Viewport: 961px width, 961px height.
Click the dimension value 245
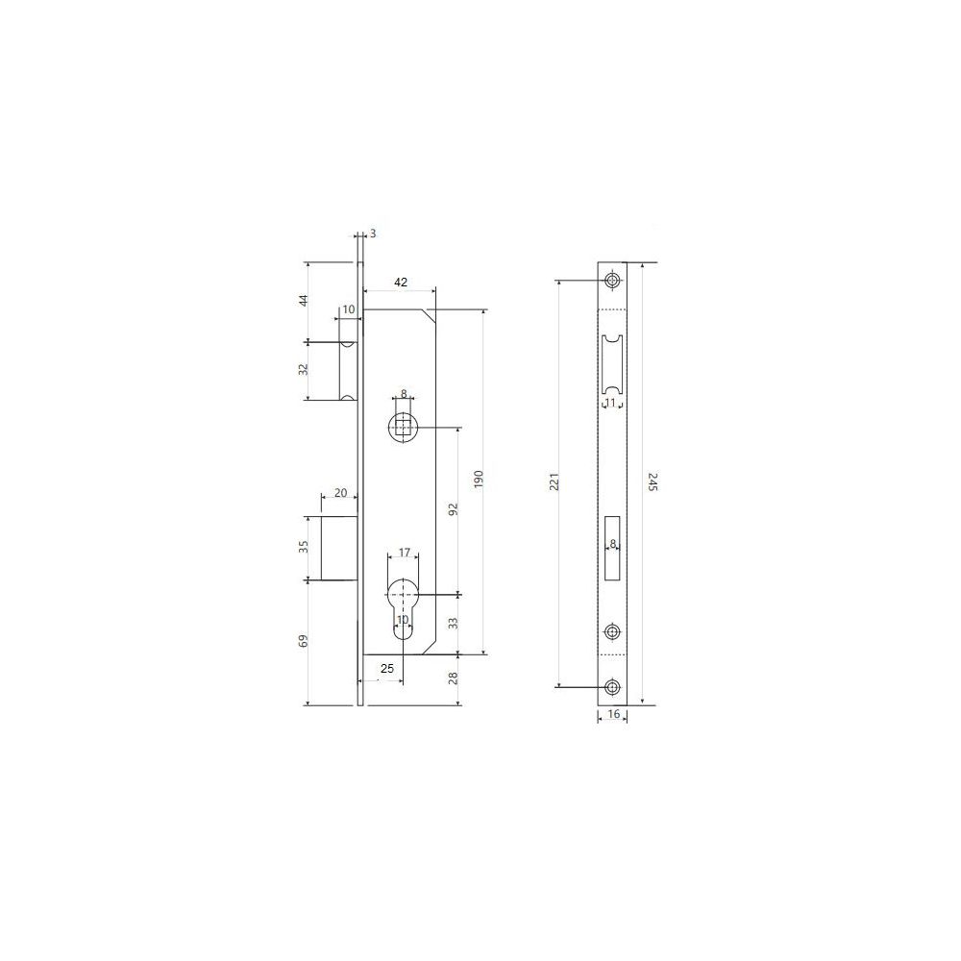pyautogui.click(x=653, y=481)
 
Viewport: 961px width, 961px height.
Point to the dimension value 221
pyautogui.click(x=554, y=482)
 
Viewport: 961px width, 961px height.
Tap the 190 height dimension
pyautogui.click(x=480, y=479)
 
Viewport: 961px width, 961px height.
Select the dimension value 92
pyautogui.click(x=454, y=509)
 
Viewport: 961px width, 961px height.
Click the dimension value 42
pyautogui.click(x=400, y=282)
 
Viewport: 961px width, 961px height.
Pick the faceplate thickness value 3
pyautogui.click(x=373, y=234)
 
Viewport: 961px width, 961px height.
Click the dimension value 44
pyautogui.click(x=303, y=300)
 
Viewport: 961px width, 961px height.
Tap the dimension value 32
pyautogui.click(x=303, y=370)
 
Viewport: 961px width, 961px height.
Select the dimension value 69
pyautogui.click(x=303, y=641)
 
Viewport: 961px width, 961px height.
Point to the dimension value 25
pyautogui.click(x=387, y=669)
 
